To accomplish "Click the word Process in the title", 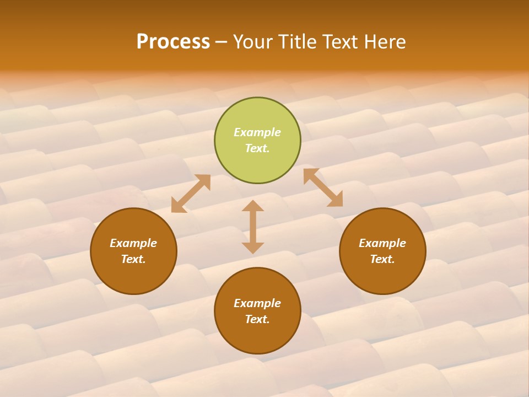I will pyautogui.click(x=173, y=42).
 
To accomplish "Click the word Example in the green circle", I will pyautogui.click(x=257, y=132).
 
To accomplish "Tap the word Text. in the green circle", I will pyautogui.click(x=257, y=148).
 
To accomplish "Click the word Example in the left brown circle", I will pyautogui.click(x=133, y=243).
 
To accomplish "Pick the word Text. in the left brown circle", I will pyautogui.click(x=133, y=259).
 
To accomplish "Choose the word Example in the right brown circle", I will pyautogui.click(x=382, y=243).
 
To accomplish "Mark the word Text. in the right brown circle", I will pyautogui.click(x=382, y=259).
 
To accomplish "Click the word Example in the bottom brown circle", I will pyautogui.click(x=257, y=303).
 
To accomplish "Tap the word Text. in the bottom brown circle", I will pyautogui.click(x=257, y=319).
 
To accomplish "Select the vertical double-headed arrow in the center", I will pyautogui.click(x=253, y=227).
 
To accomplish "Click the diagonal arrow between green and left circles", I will pyautogui.click(x=191, y=194).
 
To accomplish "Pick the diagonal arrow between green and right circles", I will pyautogui.click(x=323, y=187).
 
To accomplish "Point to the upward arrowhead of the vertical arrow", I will pyautogui.click(x=253, y=206).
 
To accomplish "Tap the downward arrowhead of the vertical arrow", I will pyautogui.click(x=253, y=248).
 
